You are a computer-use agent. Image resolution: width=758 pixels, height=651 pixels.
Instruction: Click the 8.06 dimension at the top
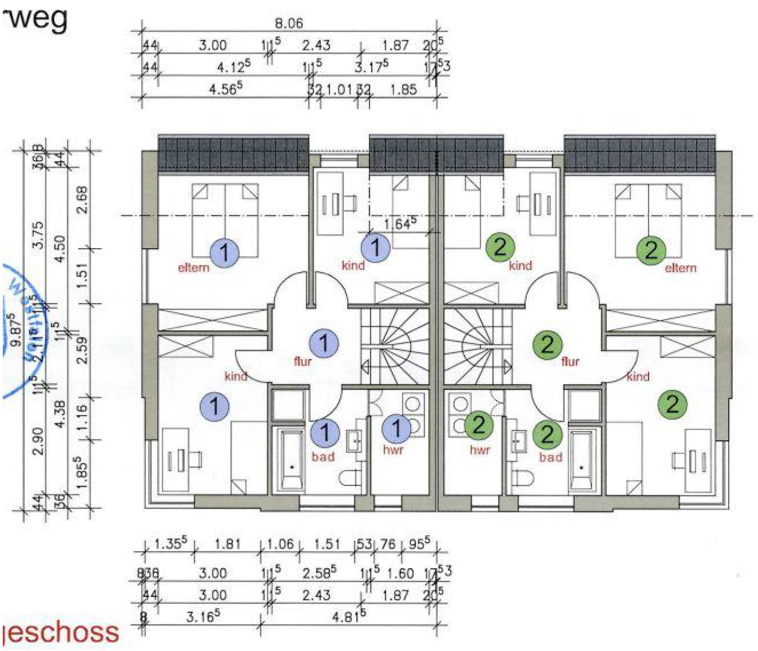pos(289,23)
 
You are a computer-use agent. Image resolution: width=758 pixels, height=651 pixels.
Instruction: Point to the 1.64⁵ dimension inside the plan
pos(400,224)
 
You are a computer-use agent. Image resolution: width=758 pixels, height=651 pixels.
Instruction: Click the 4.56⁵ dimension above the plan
pos(226,89)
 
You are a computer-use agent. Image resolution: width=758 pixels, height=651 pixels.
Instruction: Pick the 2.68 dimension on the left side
pos(83,200)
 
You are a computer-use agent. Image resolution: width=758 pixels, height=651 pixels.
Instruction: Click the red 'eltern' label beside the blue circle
pos(193,267)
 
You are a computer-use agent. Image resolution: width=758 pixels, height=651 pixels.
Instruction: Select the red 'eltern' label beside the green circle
pos(681,268)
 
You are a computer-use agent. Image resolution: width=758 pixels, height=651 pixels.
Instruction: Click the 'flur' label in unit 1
pos(303,361)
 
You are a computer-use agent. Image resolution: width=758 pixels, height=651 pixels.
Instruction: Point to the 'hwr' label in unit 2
pos(480,450)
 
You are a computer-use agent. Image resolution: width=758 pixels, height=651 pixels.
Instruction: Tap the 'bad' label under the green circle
pos(551,457)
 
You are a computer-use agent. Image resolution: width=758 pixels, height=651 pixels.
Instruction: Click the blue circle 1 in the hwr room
pos(396,429)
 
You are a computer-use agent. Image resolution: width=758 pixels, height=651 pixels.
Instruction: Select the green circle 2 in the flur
pos(547,344)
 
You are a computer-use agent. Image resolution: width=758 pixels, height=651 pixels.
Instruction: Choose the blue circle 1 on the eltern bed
pos(224,252)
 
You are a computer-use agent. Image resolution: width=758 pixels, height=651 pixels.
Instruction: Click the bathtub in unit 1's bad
pos(291,459)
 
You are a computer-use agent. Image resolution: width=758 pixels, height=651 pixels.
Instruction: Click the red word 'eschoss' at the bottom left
pos(62,632)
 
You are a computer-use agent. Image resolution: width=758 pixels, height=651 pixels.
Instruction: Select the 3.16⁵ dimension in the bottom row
pos(203,616)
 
